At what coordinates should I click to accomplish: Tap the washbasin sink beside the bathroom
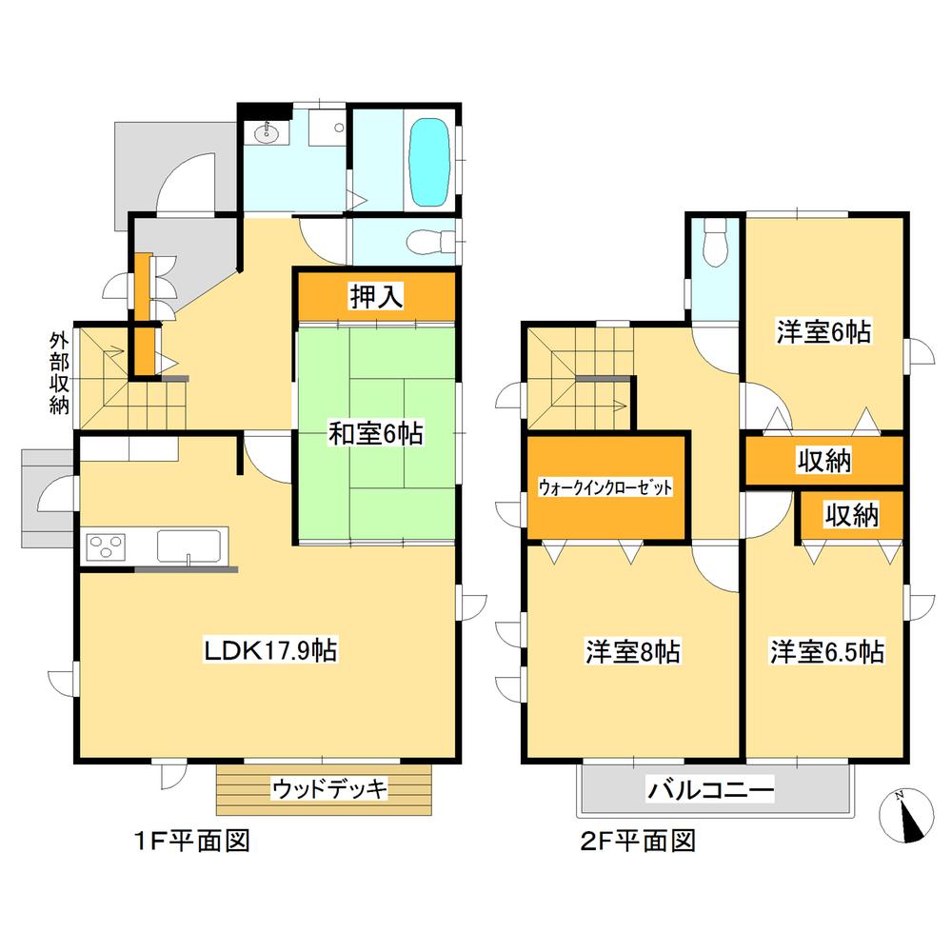click(266, 134)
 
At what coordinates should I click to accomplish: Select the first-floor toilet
click(420, 243)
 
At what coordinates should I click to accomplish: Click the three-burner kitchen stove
click(107, 547)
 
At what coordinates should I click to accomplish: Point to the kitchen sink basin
click(188, 547)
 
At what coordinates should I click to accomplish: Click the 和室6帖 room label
click(376, 434)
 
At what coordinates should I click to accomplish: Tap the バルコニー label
click(711, 789)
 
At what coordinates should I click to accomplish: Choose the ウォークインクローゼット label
click(605, 486)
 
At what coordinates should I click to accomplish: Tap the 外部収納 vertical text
click(60, 372)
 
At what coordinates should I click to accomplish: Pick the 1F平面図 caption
click(190, 842)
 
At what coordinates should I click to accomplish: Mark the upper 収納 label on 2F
click(823, 462)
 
